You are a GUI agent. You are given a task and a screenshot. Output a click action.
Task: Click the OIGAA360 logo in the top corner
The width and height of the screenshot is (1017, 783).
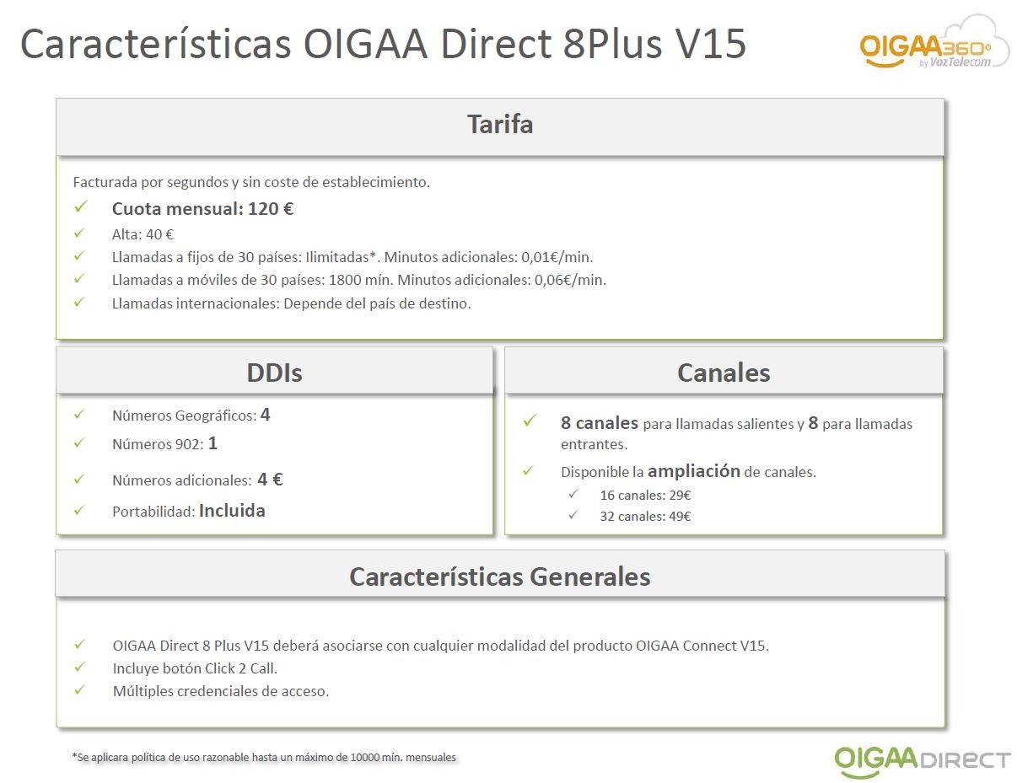tap(934, 45)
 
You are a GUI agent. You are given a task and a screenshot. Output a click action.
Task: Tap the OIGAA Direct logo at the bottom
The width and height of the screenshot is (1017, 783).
tap(922, 760)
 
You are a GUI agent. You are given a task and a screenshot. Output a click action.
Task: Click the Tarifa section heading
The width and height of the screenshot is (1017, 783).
tap(500, 125)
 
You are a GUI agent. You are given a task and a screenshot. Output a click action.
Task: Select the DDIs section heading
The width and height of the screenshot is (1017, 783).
tap(274, 373)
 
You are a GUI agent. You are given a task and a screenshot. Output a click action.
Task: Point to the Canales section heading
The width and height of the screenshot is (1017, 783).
tap(724, 373)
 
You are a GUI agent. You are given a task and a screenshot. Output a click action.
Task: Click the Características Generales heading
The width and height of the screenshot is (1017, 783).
tap(500, 577)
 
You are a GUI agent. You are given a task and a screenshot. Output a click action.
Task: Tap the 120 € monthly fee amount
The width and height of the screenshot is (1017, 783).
tap(271, 209)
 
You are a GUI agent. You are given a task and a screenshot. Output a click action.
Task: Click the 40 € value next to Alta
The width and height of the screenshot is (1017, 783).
tap(159, 234)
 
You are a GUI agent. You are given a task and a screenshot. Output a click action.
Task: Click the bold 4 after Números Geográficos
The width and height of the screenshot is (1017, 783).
tap(266, 415)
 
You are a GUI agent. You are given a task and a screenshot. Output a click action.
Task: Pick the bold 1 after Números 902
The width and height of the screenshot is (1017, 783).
tap(213, 443)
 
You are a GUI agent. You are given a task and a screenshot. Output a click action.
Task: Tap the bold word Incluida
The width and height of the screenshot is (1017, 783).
tap(232, 511)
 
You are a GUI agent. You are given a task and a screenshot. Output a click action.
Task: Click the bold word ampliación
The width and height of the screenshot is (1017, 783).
tap(694, 471)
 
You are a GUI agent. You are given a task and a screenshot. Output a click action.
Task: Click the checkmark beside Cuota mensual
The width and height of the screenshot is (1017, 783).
tap(81, 206)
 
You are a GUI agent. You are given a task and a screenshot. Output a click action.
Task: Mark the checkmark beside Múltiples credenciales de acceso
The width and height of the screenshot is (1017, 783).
tap(80, 689)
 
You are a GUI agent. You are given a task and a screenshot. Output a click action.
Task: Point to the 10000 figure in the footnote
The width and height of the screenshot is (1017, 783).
tap(364, 757)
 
